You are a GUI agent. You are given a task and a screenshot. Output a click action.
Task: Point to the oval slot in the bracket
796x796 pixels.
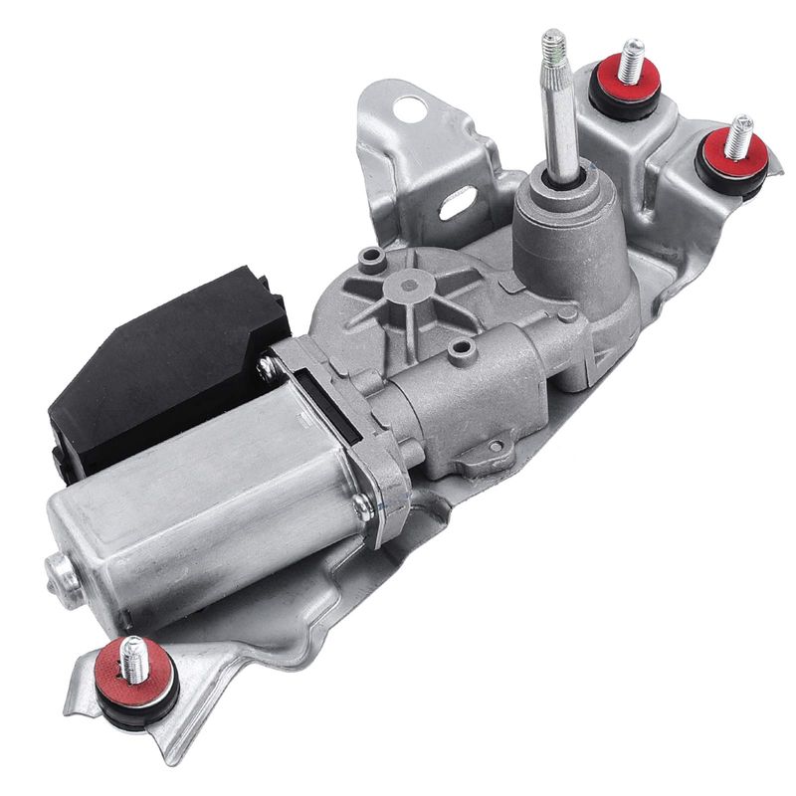click(458, 206)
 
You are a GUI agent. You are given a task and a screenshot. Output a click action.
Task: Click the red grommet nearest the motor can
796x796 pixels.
click(139, 665)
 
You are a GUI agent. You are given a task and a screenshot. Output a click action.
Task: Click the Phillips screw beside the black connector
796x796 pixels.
click(267, 367)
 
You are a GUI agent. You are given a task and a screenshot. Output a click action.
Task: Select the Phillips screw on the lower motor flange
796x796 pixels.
click(364, 508)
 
